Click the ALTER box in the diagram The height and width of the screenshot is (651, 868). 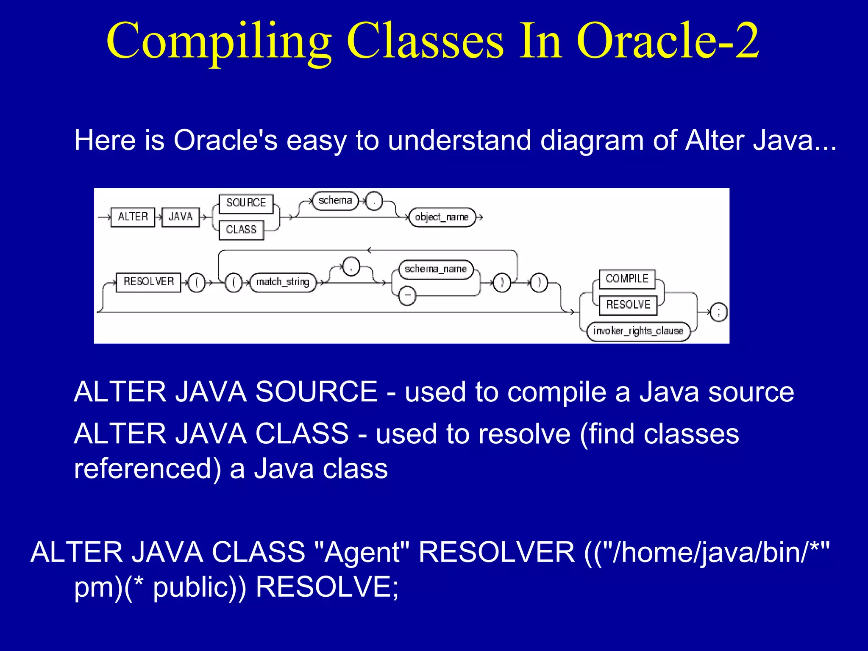[133, 217]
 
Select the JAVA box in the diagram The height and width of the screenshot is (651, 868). [181, 217]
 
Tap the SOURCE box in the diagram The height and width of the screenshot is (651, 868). [246, 203]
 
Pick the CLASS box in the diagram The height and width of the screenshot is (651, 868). [241, 230]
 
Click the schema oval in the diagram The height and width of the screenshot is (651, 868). [335, 200]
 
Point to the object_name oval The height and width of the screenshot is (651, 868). [442, 217]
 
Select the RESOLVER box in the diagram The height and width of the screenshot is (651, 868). [148, 282]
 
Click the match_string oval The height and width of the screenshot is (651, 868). [283, 282]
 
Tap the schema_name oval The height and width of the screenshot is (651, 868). [436, 269]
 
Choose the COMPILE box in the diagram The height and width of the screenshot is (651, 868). [627, 279]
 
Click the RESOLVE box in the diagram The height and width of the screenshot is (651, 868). [628, 305]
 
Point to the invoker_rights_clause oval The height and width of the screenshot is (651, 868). [638, 331]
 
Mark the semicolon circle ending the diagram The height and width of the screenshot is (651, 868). [718, 313]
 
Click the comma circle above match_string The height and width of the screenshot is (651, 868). [351, 267]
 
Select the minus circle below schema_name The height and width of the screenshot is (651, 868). [407, 295]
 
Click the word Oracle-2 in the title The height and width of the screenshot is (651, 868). [668, 41]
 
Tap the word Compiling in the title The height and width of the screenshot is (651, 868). [219, 41]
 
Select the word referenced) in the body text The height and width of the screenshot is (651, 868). [147, 469]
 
